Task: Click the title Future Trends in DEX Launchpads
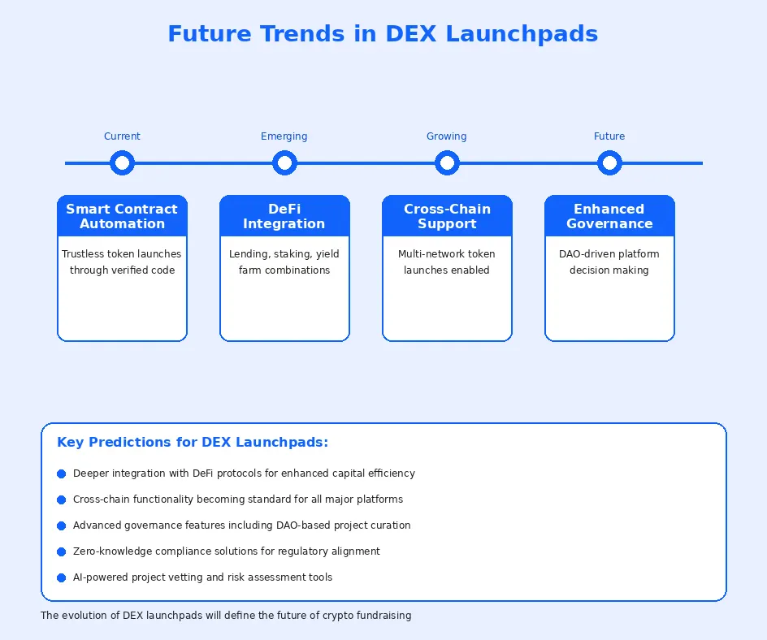383,34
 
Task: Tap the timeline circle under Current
122,163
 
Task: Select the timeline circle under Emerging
284,163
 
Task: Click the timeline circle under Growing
447,163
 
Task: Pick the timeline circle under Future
609,163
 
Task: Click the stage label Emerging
284,136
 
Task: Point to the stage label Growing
447,136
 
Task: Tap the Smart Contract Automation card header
122,216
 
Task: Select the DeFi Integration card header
284,216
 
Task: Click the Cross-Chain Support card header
447,216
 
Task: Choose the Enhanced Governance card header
609,216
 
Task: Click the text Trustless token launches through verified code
122,262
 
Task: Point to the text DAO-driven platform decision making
609,262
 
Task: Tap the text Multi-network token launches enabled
447,262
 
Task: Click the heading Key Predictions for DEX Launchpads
193,443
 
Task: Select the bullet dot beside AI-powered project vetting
61,577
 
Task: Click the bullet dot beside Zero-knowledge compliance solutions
61,551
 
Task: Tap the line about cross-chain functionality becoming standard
238,499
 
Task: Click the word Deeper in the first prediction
90,474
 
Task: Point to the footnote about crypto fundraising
226,616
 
